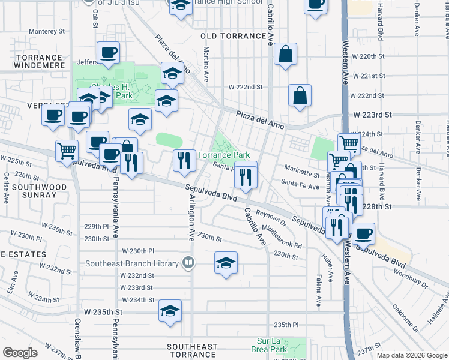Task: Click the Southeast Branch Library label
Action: click(x=132, y=263)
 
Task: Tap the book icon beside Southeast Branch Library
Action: click(x=189, y=263)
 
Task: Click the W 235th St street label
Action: click(x=103, y=312)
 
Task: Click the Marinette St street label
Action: click(x=301, y=175)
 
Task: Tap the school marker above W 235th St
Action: click(x=170, y=311)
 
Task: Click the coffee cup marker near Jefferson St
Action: click(x=108, y=52)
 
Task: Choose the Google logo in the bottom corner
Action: click(x=20, y=353)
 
